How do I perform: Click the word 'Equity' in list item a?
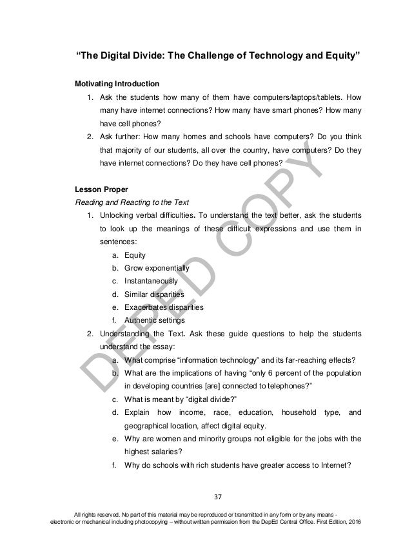(134, 255)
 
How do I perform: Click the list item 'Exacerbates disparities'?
(162, 307)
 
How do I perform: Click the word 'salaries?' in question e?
(168, 452)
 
